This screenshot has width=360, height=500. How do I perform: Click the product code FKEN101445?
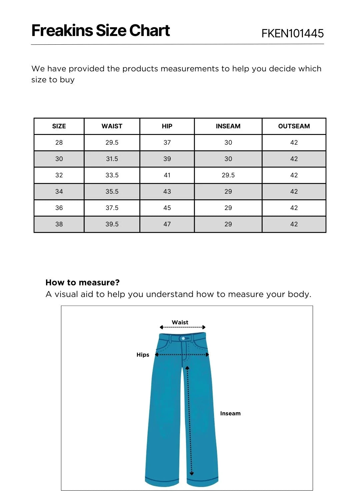coord(292,33)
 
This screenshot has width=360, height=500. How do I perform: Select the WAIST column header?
coord(112,126)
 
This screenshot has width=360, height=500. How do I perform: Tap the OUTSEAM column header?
coord(294,126)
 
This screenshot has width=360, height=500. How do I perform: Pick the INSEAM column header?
coord(228,126)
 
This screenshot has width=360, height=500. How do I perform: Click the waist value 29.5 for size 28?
coord(112,143)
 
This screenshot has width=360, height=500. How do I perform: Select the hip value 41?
coord(167,175)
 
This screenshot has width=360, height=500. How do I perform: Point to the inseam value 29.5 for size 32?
coord(228,175)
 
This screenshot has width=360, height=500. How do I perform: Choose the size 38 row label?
coord(59,224)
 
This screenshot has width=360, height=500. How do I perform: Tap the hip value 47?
coord(167,224)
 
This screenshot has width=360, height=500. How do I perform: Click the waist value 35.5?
coord(112,192)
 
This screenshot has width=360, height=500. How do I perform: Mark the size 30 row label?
coord(59,159)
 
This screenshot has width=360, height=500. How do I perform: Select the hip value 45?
coord(167,208)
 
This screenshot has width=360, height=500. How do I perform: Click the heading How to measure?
coord(83,283)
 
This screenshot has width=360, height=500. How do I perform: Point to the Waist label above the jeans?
coord(180,322)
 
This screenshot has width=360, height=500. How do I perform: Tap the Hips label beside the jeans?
coord(143,355)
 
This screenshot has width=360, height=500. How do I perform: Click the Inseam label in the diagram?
coord(230,413)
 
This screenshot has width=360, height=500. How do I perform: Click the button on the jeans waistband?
coord(183,338)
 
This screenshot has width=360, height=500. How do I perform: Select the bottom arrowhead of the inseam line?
coord(192,473)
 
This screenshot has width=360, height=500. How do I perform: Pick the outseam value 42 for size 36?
coord(294,208)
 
